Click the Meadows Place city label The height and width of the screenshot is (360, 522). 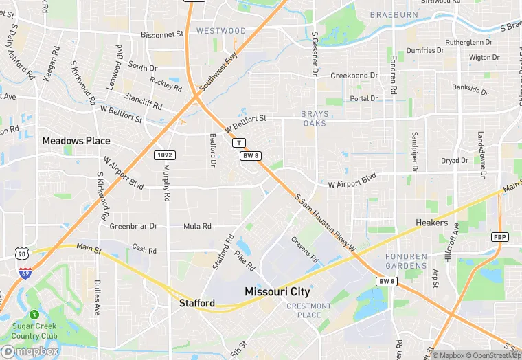click(76, 140)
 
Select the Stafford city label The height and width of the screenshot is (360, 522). click(197, 303)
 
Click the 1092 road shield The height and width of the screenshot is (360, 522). click(164, 155)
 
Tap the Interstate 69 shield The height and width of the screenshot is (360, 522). click(25, 273)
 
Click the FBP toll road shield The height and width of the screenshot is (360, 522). click(500, 236)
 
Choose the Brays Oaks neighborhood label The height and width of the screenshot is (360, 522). click(315, 118)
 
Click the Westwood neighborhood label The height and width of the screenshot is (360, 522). click(221, 31)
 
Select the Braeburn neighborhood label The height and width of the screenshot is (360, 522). click(393, 14)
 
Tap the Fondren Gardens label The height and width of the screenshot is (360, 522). click(406, 261)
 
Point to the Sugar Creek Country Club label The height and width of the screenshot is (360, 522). click(34, 331)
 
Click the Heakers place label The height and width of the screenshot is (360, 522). click(432, 223)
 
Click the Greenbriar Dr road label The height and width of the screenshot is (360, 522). click(134, 226)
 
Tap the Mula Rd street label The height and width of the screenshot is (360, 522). click(197, 227)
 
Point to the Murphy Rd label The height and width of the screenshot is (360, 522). click(167, 184)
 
